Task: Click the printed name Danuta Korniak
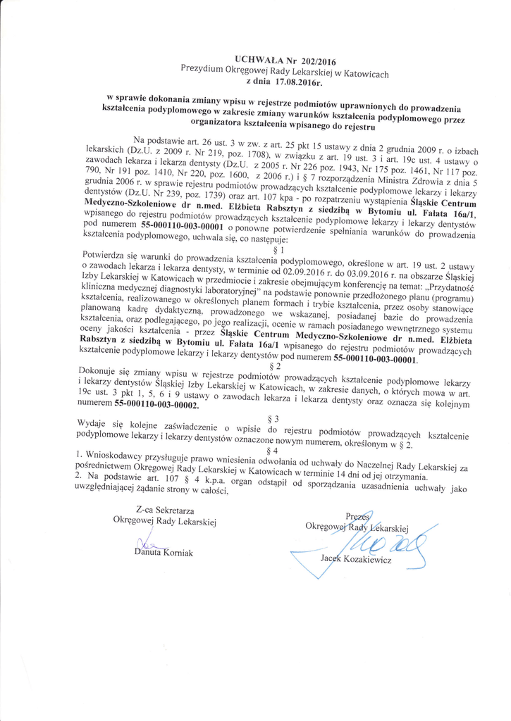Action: coord(163,552)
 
